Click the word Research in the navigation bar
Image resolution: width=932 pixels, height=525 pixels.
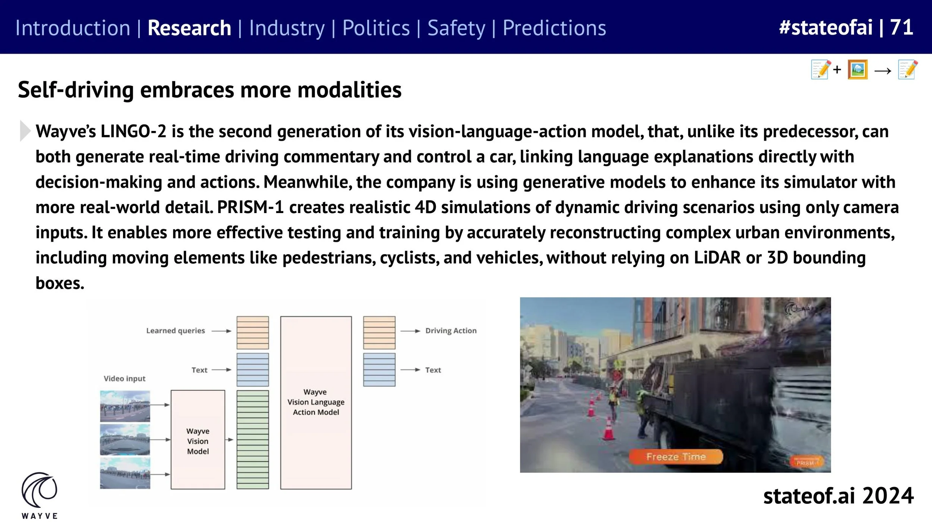point(189,28)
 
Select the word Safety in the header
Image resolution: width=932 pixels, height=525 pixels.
point(456,28)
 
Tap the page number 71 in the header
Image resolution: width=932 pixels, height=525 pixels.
point(901,27)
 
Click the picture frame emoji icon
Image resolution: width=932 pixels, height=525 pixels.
point(857,70)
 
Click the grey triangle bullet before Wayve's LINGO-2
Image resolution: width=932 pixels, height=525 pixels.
point(25,131)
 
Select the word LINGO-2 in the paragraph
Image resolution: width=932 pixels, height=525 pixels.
point(133,131)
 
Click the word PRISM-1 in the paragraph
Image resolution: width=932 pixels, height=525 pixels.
point(251,207)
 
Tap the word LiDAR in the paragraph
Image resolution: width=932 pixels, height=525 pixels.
point(717,258)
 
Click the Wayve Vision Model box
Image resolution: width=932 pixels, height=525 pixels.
point(198,440)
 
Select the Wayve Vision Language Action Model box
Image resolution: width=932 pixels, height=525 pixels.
point(316,402)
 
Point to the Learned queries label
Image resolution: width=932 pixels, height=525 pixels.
point(175,331)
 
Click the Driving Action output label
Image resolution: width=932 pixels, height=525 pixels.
point(451,331)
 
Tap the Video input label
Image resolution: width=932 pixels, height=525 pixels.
point(125,379)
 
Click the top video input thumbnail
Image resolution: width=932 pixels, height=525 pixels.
point(125,406)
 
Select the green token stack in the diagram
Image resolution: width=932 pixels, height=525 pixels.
point(252,440)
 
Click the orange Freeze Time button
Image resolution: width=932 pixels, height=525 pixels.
point(676,456)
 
